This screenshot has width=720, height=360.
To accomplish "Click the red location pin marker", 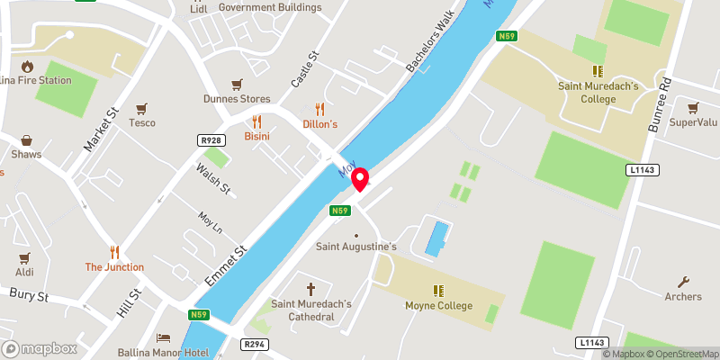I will [x=360, y=178].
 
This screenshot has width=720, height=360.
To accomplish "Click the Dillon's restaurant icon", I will [x=319, y=108].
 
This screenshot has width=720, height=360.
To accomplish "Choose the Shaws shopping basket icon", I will [x=27, y=139].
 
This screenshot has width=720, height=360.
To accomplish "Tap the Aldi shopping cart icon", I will [x=24, y=257].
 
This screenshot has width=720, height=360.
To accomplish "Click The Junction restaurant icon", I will [x=114, y=252].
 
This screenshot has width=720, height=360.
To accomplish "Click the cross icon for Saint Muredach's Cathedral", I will [x=312, y=289].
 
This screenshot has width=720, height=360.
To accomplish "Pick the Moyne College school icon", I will [x=438, y=291].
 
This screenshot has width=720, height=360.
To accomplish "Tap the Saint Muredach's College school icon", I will [x=596, y=70].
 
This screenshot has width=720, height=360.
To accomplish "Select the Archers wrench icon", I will [x=683, y=282].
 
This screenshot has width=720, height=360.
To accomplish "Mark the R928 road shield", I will [x=211, y=140].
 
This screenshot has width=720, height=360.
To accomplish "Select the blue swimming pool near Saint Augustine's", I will [x=436, y=238].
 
